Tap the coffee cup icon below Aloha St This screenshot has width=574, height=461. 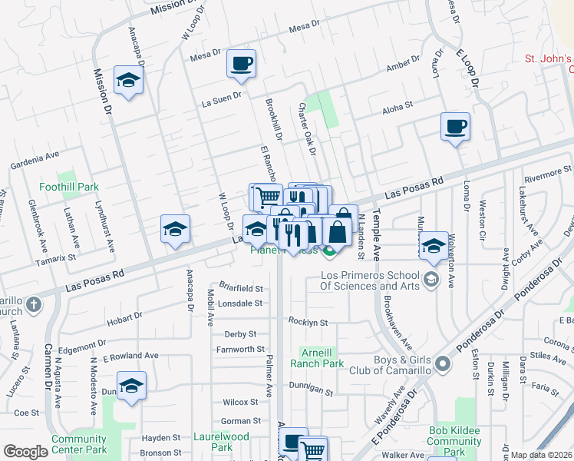455,126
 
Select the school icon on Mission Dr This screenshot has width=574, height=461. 129,79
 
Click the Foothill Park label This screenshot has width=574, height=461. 70,187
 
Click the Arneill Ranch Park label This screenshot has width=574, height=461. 322,358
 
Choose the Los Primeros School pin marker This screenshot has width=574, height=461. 429,277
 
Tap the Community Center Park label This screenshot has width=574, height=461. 79,444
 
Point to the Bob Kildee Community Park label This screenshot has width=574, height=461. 454,441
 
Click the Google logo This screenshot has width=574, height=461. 25,452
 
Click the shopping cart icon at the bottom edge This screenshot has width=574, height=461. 312,449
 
